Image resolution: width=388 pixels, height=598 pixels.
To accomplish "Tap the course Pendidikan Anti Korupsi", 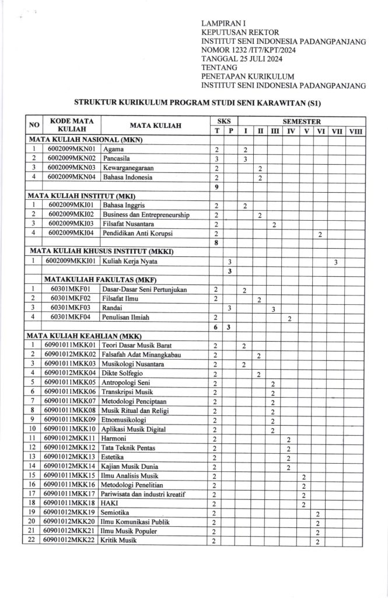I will [137, 234].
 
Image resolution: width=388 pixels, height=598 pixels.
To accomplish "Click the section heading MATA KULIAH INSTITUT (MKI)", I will [82, 196].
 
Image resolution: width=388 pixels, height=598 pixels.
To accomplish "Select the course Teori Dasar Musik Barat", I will [135, 346].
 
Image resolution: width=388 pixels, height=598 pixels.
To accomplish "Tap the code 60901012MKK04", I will [69, 374].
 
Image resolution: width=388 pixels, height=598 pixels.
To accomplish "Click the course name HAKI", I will [110, 504].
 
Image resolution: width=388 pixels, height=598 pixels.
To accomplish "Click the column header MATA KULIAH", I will [155, 126].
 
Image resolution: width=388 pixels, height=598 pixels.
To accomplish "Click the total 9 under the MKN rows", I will [216, 187].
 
